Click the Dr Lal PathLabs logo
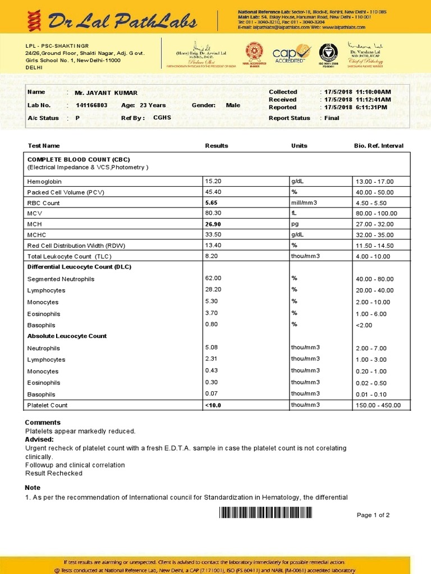pyautogui.click(x=112, y=21)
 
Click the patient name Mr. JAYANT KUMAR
pyautogui.click(x=106, y=92)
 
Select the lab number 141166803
pyautogui.click(x=91, y=105)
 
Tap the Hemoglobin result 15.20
pyautogui.click(x=213, y=181)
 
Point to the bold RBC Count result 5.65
pyautogui.click(x=211, y=202)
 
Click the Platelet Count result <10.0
pyautogui.click(x=213, y=405)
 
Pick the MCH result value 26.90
pyautogui.click(x=213, y=224)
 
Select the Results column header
pyautogui.click(x=217, y=146)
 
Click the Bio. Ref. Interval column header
pyautogui.click(x=378, y=146)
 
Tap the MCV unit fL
pyautogui.click(x=294, y=213)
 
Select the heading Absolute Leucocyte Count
pyautogui.click(x=67, y=336)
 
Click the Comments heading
pyautogui.click(x=43, y=422)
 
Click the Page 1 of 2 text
pyautogui.click(x=373, y=515)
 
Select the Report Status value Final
pyautogui.click(x=332, y=118)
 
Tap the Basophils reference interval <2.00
pyautogui.click(x=364, y=325)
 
